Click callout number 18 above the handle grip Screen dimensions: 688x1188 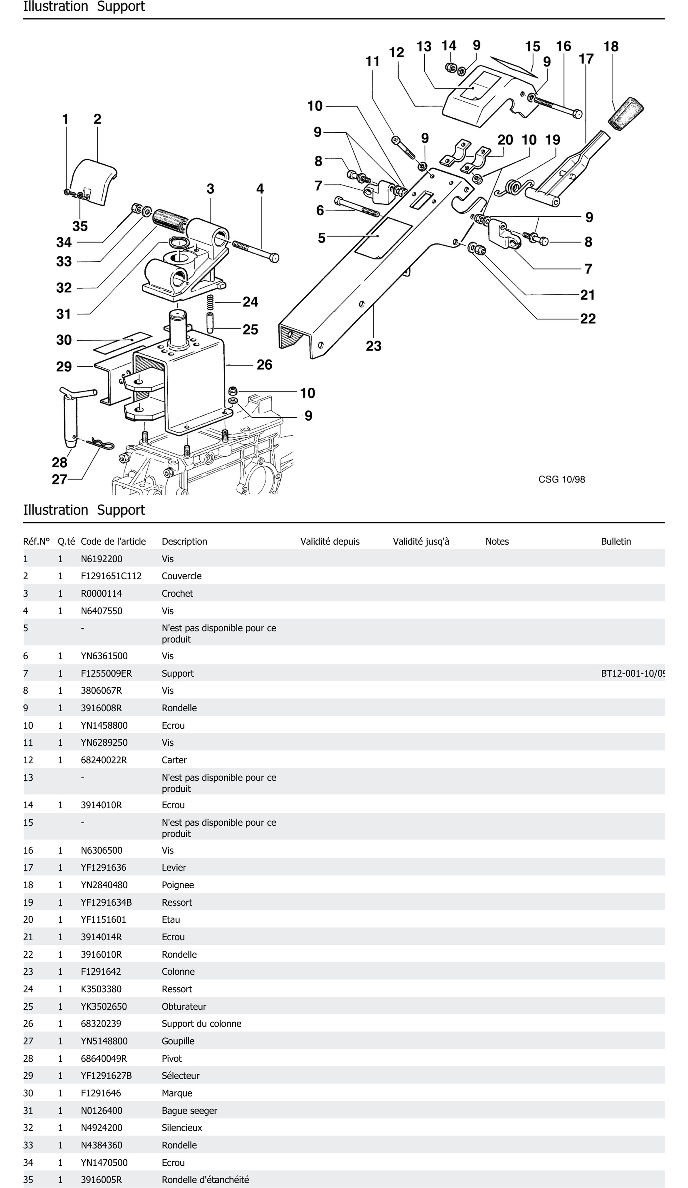611,47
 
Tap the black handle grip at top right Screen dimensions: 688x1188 626,114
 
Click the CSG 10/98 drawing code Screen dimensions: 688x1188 562,479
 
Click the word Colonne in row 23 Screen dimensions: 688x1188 178,972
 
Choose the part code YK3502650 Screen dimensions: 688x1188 104,1006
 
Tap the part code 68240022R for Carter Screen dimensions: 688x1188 104,760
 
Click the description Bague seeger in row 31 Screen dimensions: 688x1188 189,1111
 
